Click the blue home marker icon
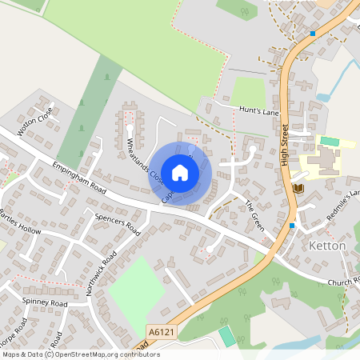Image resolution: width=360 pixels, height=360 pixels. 180,172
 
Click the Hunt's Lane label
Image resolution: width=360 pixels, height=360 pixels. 258,111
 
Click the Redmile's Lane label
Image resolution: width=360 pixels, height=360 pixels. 342,204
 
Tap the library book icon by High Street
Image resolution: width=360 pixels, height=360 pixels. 299,188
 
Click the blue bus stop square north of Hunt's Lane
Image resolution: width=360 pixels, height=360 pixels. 313,34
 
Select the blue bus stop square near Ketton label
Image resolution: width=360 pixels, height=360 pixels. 292,226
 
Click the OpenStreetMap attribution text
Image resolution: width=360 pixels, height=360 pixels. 81,354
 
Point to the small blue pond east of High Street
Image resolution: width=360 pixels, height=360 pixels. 322,97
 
